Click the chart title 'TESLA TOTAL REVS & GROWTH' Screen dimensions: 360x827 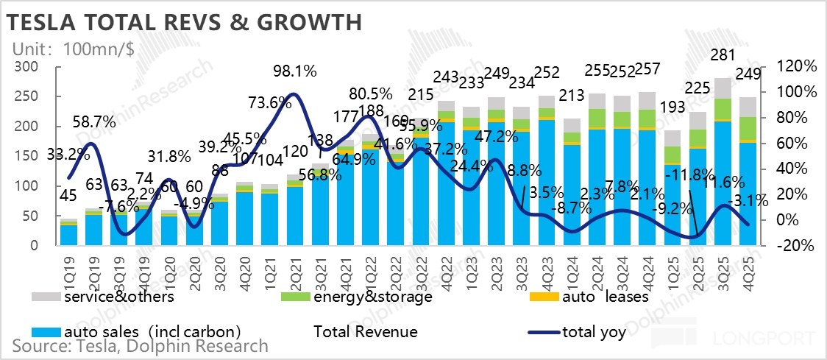(x=185, y=22)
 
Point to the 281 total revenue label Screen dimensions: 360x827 (x=726, y=55)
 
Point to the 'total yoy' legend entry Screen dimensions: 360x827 (x=594, y=332)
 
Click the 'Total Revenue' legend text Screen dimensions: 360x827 (x=366, y=332)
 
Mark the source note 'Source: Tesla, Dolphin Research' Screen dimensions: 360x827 (x=140, y=346)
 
